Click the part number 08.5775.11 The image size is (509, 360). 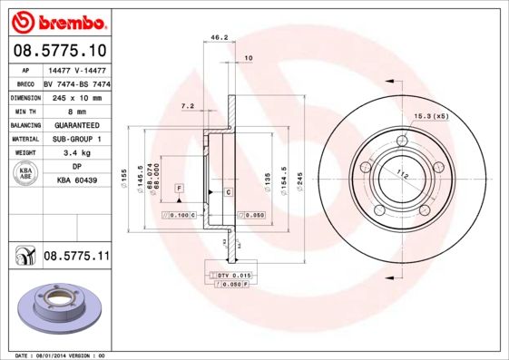(x=76, y=257)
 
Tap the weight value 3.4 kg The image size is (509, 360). (x=77, y=153)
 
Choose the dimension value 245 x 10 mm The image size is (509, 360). (x=77, y=97)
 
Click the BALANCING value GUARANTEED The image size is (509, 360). (x=77, y=125)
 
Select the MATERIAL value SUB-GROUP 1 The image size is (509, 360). (x=77, y=139)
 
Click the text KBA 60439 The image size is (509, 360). (x=77, y=181)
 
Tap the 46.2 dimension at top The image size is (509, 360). (x=219, y=38)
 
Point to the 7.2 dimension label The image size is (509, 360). (x=188, y=106)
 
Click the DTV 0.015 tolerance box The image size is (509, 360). (x=233, y=274)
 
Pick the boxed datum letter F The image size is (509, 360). (x=180, y=187)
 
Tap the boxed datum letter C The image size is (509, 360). (x=228, y=193)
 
